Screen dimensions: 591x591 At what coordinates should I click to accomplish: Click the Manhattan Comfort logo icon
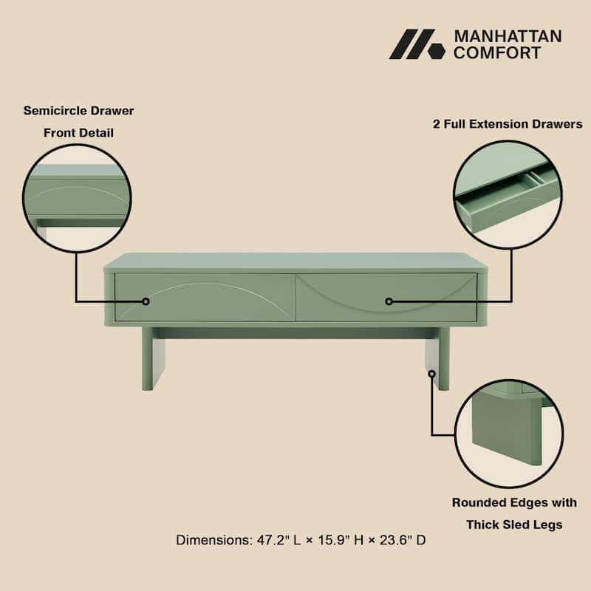coord(417,44)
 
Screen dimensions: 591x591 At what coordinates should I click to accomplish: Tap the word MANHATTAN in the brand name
coord(507,36)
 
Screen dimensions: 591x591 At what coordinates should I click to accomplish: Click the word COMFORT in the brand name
coord(496,52)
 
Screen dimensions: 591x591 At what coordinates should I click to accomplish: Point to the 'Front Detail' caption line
coord(78,133)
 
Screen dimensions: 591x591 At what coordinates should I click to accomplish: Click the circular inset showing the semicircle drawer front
coord(77,197)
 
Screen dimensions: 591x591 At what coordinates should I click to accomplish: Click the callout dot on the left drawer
coord(146,301)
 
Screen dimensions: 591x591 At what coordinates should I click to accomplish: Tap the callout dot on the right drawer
coord(389,301)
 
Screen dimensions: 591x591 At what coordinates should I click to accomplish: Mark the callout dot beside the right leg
coord(431,374)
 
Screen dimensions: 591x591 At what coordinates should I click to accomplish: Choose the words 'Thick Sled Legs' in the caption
coord(514,525)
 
